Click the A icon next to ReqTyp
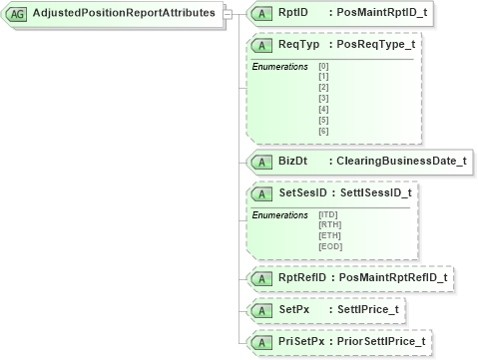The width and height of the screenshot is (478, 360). point(261,45)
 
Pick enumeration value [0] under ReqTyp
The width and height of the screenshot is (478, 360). point(323,66)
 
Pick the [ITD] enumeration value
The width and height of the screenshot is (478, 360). point(328,213)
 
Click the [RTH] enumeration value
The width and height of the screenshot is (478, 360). point(329,223)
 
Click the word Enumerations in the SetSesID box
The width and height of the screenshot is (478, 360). point(280,213)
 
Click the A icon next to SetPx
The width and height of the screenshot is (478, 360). point(261,309)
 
